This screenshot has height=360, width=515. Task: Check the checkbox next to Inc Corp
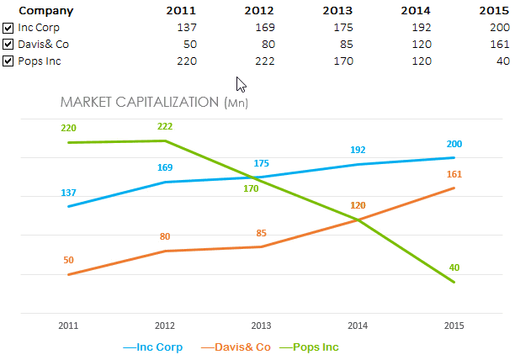pyautogui.click(x=8, y=28)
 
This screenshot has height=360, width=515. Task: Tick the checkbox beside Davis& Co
pyautogui.click(x=8, y=45)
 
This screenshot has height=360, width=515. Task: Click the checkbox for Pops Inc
pyautogui.click(x=8, y=61)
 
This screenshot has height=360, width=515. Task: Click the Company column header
pyautogui.click(x=45, y=11)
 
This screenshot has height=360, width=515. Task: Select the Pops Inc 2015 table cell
pyautogui.click(x=502, y=61)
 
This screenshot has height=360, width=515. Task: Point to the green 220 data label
pyautogui.click(x=68, y=129)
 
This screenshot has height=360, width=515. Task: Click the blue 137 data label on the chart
pyautogui.click(x=68, y=193)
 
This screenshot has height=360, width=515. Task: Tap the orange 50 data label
pyautogui.click(x=68, y=261)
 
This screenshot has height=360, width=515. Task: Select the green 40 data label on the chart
pyautogui.click(x=454, y=268)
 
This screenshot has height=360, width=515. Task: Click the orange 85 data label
pyautogui.click(x=262, y=233)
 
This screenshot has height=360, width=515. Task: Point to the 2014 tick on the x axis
pyautogui.click(x=358, y=326)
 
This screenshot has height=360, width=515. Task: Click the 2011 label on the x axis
pyautogui.click(x=68, y=326)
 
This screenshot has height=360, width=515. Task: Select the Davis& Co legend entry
pyautogui.click(x=241, y=347)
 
